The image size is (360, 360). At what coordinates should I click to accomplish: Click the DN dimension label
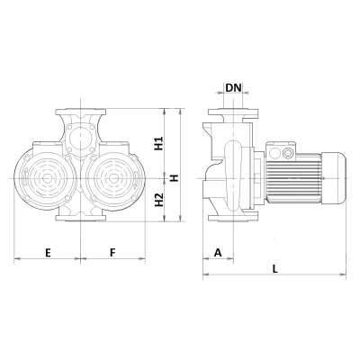pos(233,87)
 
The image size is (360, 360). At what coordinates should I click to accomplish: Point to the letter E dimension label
pos(47,253)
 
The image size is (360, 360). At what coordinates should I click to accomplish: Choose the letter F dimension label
pos(112,253)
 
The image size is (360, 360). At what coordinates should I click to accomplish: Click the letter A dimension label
pos(217,253)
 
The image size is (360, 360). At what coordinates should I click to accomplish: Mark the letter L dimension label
pos(274,268)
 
